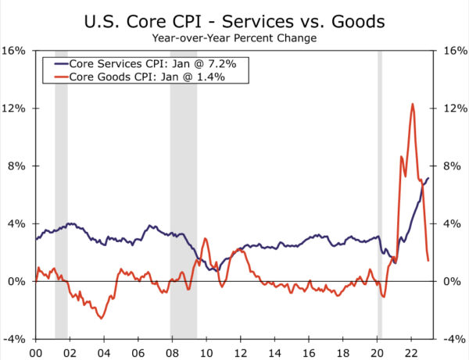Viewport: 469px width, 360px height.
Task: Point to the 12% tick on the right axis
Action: click(454, 109)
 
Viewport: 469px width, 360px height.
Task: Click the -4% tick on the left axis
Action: click(16, 340)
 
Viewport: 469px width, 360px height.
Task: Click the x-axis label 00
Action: click(35, 351)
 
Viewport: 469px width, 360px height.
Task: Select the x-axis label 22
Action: click(411, 351)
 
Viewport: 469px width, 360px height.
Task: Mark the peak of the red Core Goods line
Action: click(412, 104)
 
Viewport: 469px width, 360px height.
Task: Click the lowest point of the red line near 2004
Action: click(101, 318)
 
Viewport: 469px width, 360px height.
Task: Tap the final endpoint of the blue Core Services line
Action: click(428, 178)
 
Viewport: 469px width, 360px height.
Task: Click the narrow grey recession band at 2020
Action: click(380, 195)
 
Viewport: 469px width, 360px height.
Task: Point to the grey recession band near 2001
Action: click(61, 195)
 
